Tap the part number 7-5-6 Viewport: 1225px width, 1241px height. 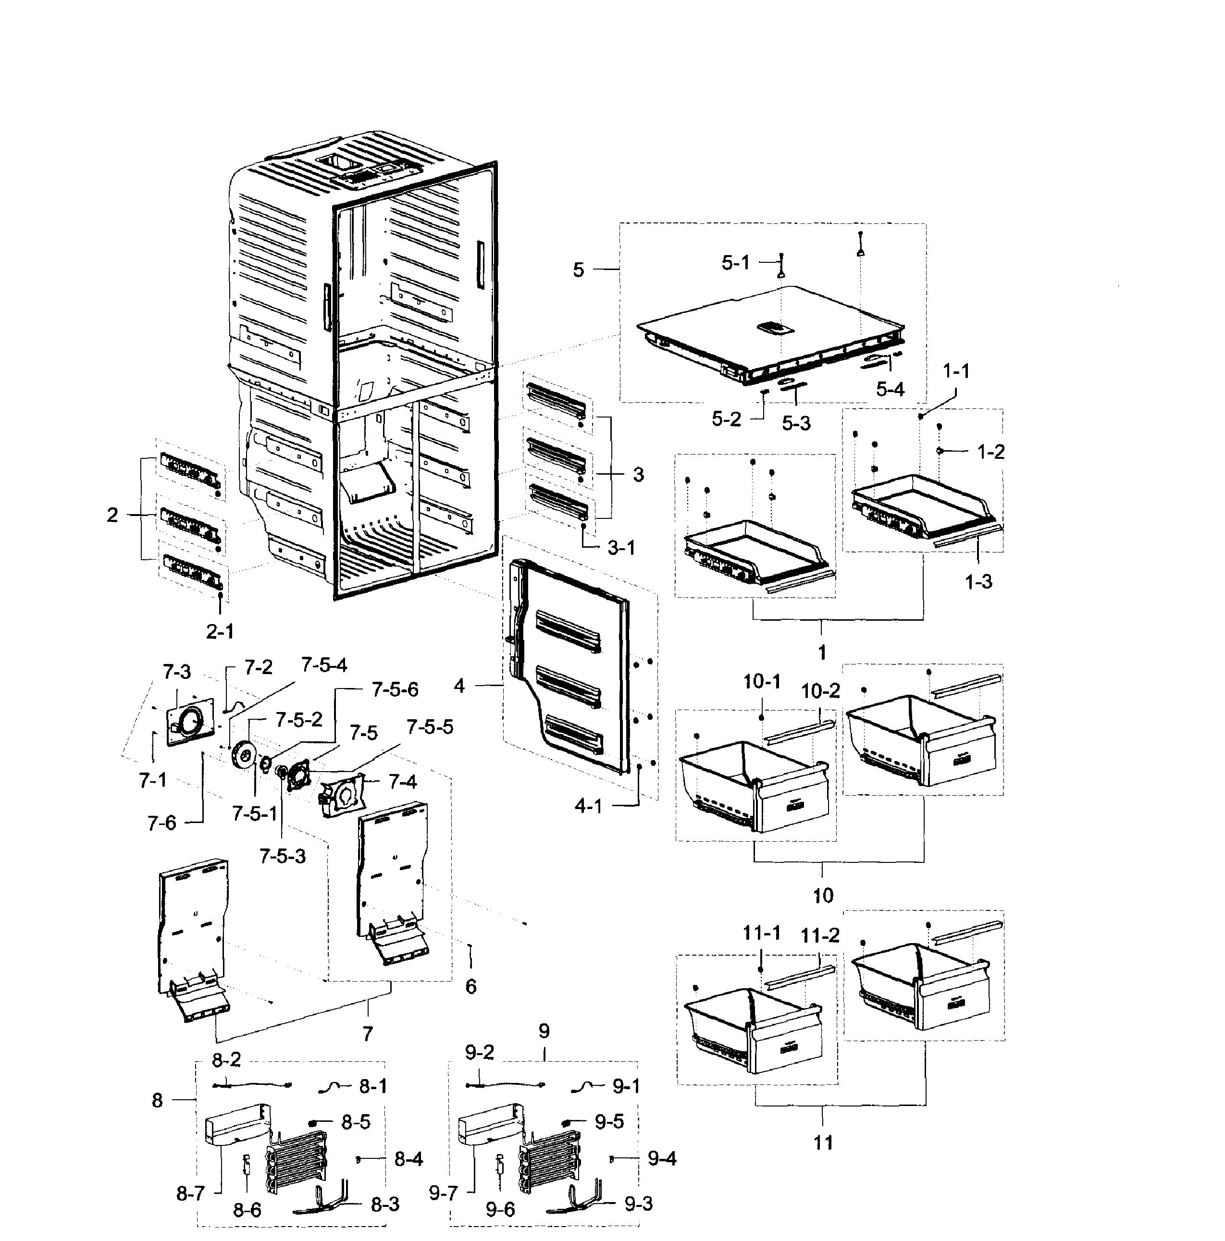[x=395, y=690]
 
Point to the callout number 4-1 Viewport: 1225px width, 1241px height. [x=588, y=806]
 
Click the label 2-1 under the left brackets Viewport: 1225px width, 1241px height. [x=220, y=631]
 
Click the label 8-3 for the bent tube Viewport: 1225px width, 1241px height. [x=385, y=1204]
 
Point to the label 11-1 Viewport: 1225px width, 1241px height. [x=762, y=933]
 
